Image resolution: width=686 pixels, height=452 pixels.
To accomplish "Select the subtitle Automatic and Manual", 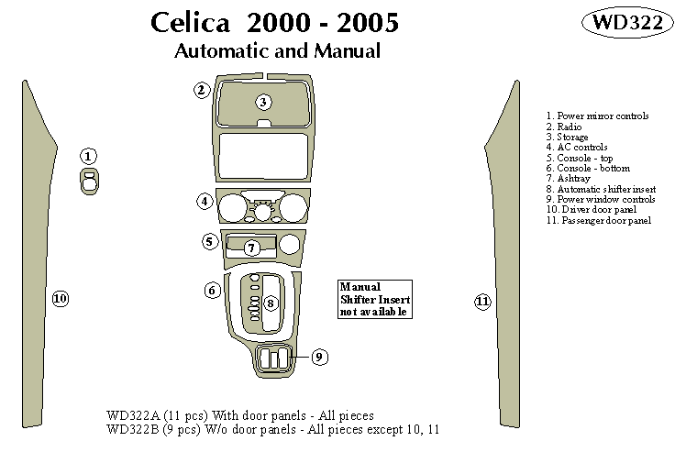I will tap(277, 51).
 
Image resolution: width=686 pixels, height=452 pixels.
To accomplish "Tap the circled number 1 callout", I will tap(88, 156).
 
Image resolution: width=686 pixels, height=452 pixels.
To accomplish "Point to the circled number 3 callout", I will tap(263, 102).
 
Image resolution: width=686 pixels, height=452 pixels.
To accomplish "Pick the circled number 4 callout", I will tap(205, 201).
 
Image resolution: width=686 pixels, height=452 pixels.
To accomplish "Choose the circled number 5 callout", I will tap(210, 242).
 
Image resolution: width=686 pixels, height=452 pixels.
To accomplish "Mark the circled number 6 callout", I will tap(213, 291).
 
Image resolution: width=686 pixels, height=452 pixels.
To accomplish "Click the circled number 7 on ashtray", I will tap(250, 248).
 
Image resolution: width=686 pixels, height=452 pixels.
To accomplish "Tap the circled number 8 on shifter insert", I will tap(270, 303).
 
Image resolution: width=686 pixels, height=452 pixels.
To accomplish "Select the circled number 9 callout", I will tap(319, 357).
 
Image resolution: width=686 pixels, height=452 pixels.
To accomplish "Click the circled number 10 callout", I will tap(61, 299).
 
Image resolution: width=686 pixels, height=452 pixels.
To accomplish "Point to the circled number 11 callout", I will tap(482, 302).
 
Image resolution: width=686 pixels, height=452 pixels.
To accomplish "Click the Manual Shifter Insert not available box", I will tap(374, 299).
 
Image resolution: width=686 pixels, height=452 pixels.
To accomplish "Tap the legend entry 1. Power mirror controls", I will tap(597, 116).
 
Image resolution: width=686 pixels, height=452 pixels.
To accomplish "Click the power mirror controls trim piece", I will tap(89, 181).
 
